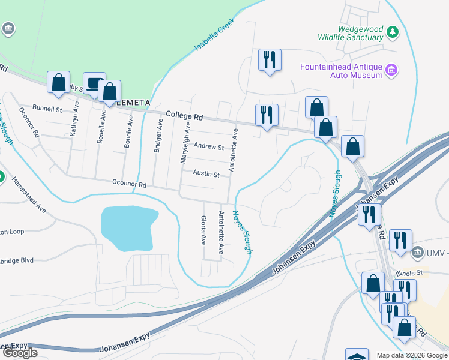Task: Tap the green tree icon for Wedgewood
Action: pyautogui.click(x=393, y=32)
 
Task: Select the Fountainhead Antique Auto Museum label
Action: pyautogui.click(x=342, y=70)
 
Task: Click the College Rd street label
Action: pyautogui.click(x=184, y=115)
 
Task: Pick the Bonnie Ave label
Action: pyautogui.click(x=129, y=129)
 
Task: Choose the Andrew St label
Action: pyautogui.click(x=208, y=146)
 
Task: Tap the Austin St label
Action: pyautogui.click(x=206, y=173)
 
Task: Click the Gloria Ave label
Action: pyautogui.click(x=204, y=231)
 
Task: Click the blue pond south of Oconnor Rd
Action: pyautogui.click(x=129, y=228)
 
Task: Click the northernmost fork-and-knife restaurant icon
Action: pyautogui.click(x=269, y=59)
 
